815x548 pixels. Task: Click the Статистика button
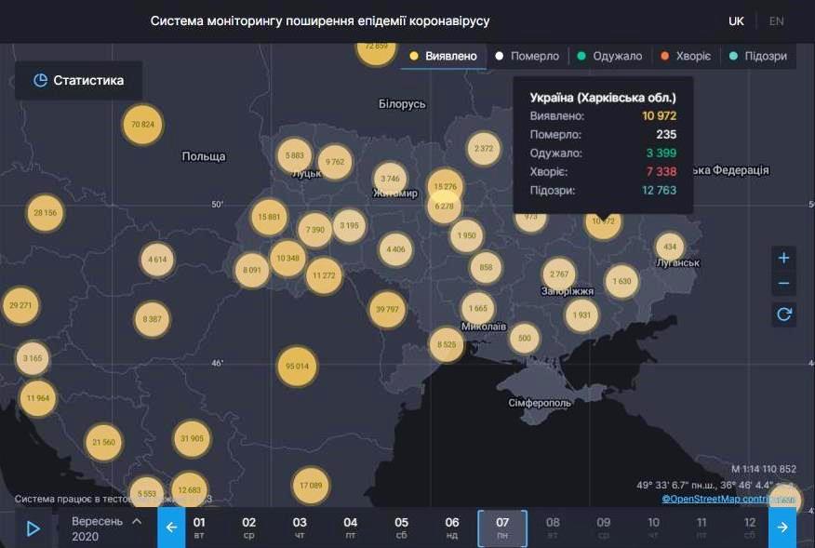pos(78,81)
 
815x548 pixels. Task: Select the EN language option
pos(776,20)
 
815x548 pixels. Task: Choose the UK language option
pos(736,20)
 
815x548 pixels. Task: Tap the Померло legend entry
pos(528,56)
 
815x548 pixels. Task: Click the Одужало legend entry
pos(609,56)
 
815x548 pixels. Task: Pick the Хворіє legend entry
pos(687,56)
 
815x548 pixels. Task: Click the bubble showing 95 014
pos(297,367)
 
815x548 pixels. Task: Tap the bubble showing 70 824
pos(143,125)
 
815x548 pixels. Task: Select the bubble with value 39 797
pos(387,309)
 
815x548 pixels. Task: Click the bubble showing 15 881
pos(268,217)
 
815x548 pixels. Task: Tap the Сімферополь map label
pos(540,403)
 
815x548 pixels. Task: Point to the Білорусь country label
pos(402,104)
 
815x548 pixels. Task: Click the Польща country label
pos(204,157)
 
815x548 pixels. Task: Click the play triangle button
pos(33,528)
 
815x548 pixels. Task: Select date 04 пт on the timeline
pos(350,528)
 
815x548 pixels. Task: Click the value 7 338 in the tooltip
pos(660,172)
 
